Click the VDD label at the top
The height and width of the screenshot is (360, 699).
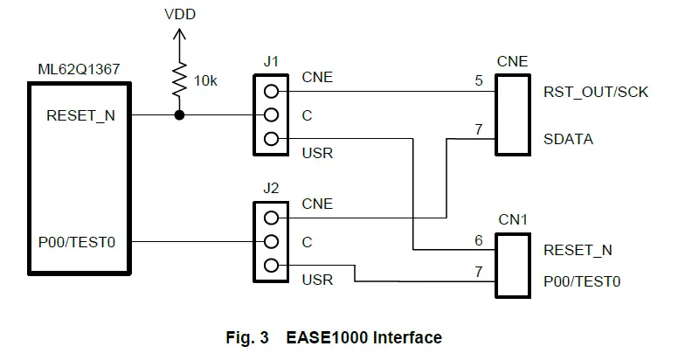point(180,14)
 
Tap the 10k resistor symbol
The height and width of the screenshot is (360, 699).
point(179,80)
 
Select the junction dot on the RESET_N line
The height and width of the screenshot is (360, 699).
point(179,115)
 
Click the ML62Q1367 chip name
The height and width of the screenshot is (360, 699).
point(79,70)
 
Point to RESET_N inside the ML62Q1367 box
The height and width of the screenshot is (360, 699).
point(80,116)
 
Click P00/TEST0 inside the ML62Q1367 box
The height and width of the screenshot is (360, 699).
point(77,242)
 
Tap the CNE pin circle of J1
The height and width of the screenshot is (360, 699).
point(271,92)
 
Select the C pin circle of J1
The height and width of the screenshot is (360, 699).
point(271,115)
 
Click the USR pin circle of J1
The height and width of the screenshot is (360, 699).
point(271,139)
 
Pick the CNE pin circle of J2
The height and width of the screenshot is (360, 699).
point(271,218)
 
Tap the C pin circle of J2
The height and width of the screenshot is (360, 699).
point(271,242)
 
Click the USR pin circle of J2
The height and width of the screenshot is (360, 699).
point(271,266)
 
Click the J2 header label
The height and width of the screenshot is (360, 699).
point(271,188)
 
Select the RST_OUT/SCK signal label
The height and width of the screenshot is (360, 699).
point(596,93)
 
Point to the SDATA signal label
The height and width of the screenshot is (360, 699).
point(569,140)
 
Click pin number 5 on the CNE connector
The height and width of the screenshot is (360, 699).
point(479,80)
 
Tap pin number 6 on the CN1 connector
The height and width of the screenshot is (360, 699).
point(479,240)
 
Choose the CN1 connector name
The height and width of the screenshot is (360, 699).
point(513,219)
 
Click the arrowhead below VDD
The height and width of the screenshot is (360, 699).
point(179,34)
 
